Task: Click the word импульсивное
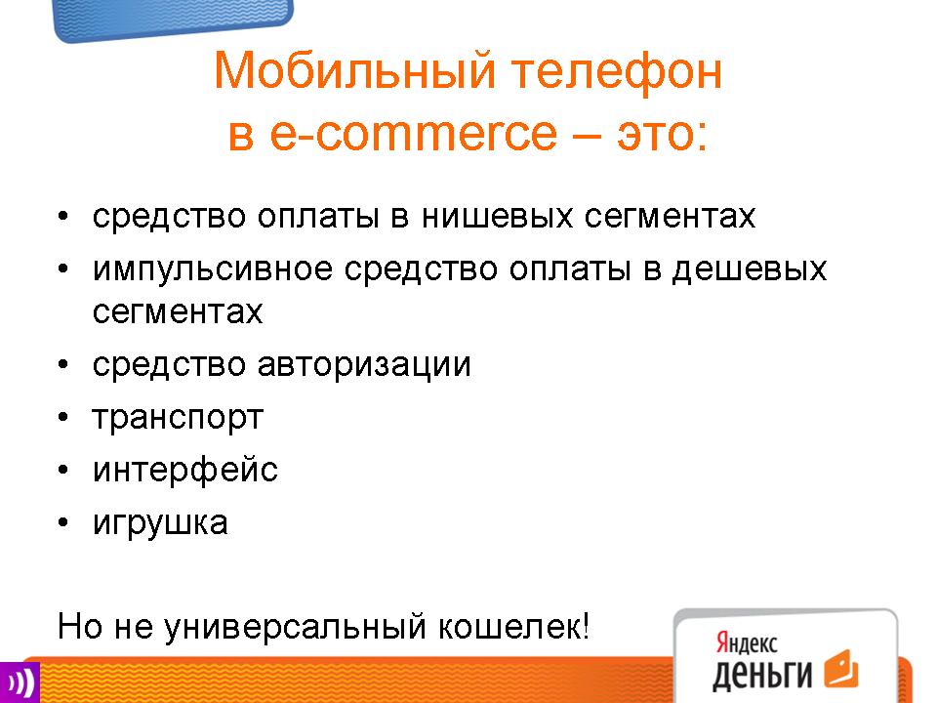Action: tap(212, 270)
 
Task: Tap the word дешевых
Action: tap(750, 270)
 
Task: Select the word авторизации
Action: tap(364, 365)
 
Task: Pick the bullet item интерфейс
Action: tap(185, 470)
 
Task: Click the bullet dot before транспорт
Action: tap(63, 417)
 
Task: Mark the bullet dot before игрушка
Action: tap(63, 521)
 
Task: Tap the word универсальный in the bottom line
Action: tap(295, 628)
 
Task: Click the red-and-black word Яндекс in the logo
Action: tap(747, 643)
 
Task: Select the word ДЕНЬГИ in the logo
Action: tap(762, 674)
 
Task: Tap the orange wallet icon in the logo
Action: tap(841, 668)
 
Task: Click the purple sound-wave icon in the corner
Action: tap(20, 682)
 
